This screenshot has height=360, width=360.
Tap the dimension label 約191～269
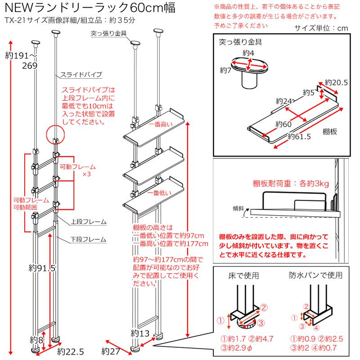coord(22,61)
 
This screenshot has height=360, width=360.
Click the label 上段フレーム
coord(87,222)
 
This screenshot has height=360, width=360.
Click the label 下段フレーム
coord(87,238)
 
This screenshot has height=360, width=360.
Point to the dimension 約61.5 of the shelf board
coord(299,136)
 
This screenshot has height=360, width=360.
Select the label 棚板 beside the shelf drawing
coord(329,132)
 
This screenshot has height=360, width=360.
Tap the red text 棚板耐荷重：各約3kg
coord(291,184)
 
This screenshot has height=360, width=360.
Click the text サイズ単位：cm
coord(321,28)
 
